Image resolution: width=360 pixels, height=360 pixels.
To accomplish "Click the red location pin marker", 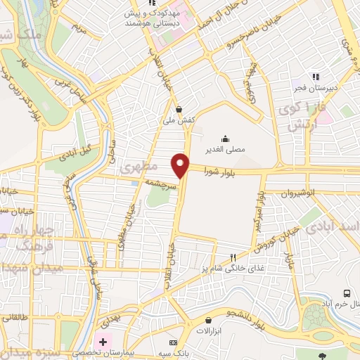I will (x=181, y=165).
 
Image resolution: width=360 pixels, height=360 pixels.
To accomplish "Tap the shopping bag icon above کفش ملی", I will (x=179, y=109).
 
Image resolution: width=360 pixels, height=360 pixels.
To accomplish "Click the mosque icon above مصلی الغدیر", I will (x=225, y=138).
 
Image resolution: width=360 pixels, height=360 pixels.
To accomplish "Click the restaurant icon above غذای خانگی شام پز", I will (x=232, y=257).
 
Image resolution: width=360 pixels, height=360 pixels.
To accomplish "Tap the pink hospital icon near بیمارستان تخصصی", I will (x=103, y=342).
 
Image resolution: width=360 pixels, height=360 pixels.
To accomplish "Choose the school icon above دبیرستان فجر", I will (x=316, y=76).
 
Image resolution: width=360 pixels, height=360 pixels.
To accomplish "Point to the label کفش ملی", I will (x=179, y=120).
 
